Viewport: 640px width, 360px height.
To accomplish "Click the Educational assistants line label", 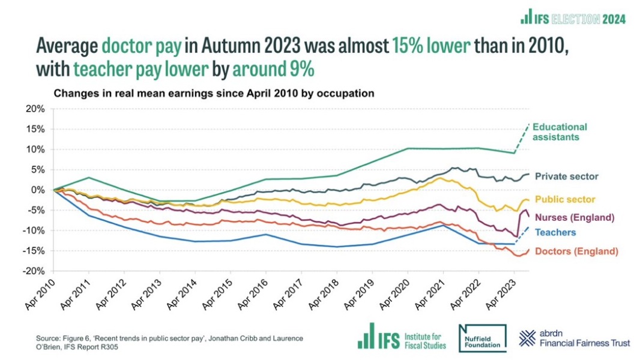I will click(x=559, y=132).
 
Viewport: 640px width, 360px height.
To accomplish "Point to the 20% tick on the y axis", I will click(x=35, y=109).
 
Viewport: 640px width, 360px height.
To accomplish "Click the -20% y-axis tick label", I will click(x=34, y=271).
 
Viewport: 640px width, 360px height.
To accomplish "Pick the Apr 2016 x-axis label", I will click(x=252, y=293).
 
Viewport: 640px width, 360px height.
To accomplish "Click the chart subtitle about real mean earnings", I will click(x=214, y=94).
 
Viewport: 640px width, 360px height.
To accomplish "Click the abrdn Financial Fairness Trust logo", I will click(x=575, y=338).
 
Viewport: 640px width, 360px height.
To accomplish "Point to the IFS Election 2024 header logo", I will click(x=573, y=19).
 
